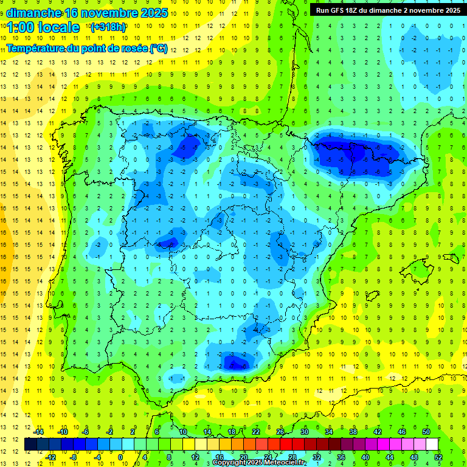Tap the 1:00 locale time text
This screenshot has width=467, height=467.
click(x=44, y=27)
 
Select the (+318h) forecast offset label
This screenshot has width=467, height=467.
click(x=108, y=27)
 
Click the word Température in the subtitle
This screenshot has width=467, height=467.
click(x=38, y=49)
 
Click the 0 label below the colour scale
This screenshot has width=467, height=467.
click(x=120, y=457)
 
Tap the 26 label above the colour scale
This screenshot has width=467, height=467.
click(x=280, y=432)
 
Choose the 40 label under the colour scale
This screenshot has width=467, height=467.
click(x=365, y=457)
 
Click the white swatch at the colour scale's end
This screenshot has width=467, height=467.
click(x=432, y=444)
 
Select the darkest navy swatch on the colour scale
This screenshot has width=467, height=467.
click(x=31, y=444)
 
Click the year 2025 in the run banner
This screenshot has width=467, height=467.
click(x=451, y=10)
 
